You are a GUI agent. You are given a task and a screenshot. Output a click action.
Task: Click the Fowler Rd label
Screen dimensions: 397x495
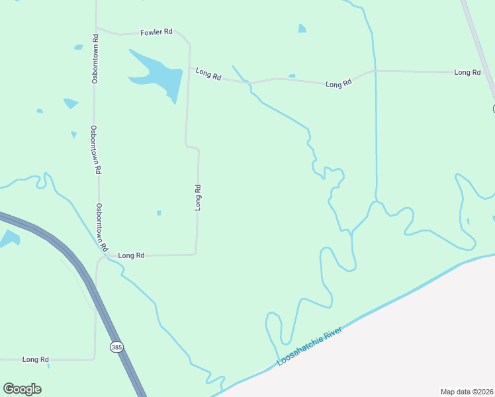click(156, 32)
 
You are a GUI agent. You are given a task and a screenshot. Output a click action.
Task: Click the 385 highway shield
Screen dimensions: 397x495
click(117, 347)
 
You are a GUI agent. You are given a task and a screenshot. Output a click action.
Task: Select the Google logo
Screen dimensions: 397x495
click(22, 388)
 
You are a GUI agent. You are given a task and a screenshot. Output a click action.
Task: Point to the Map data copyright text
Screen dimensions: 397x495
click(467, 392)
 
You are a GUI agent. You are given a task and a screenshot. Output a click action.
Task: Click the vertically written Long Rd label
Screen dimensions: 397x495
click(197, 198)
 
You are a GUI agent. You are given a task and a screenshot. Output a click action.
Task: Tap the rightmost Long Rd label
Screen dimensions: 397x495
click(467, 72)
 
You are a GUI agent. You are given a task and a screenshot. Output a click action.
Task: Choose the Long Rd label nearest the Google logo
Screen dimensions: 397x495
click(36, 360)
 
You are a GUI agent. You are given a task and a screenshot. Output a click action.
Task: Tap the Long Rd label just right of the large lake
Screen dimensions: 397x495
click(208, 74)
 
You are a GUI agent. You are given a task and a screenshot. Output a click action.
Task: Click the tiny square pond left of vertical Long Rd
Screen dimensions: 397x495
click(159, 212)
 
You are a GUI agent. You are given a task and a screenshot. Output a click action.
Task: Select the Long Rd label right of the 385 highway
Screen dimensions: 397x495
click(131, 255)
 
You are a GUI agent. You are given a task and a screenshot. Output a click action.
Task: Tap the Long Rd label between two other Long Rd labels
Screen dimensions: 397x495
click(338, 85)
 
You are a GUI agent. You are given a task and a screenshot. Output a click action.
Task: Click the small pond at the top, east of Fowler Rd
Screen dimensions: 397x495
click(302, 28)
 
